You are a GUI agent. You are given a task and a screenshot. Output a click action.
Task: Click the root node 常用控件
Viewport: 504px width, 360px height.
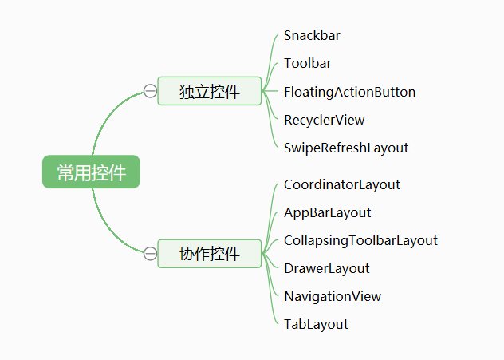91,172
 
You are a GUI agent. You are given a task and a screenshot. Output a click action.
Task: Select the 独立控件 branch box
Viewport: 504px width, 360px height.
210,91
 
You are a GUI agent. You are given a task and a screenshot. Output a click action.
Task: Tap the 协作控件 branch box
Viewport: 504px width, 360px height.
210,254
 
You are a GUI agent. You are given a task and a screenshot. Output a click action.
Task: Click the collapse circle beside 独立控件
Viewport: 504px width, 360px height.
150,91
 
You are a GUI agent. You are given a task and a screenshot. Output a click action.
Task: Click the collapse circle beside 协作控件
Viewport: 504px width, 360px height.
150,254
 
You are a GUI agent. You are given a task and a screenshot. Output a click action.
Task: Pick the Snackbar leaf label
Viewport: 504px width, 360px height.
312,36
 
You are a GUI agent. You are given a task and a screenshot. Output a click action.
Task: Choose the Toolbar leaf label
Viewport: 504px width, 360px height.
308,64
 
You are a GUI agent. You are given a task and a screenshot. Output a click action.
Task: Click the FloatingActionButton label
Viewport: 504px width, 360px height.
349,92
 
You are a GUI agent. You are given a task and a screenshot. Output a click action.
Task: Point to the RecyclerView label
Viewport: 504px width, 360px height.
324,120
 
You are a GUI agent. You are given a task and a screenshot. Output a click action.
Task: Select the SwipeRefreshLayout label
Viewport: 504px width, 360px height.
346,148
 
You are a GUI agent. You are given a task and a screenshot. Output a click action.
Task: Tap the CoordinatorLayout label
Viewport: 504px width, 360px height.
342,184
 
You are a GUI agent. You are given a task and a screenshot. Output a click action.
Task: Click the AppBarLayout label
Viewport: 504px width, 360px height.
328,212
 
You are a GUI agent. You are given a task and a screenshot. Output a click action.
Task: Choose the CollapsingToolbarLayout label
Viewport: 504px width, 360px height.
360,240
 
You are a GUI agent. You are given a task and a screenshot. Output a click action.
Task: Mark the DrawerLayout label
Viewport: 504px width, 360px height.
327,268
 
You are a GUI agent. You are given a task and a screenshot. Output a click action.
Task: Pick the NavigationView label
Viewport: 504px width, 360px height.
333,296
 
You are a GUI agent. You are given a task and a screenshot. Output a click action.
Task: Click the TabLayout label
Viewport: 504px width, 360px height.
316,324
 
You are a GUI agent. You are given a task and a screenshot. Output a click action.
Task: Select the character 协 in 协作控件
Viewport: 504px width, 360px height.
187,255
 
